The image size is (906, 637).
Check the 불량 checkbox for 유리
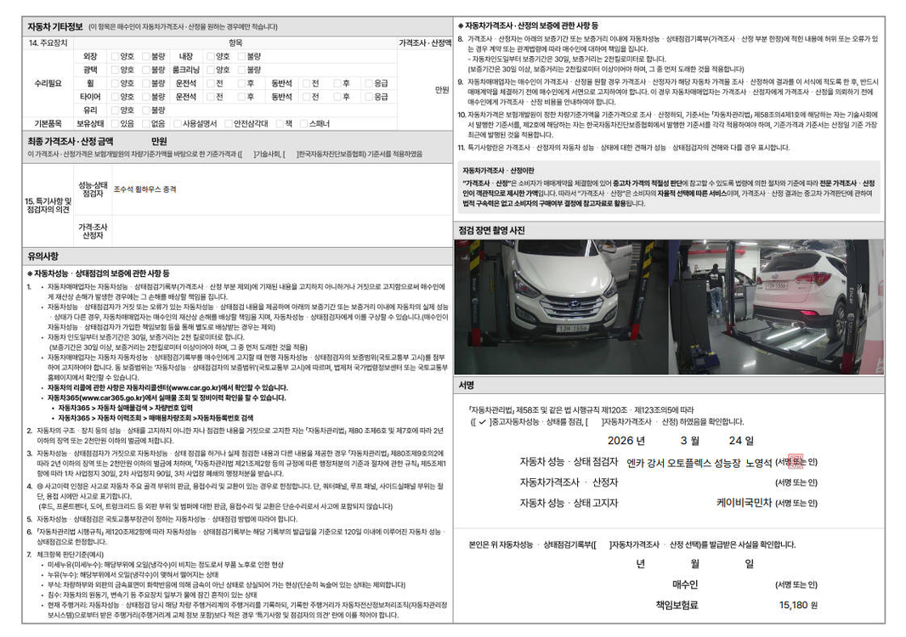(145, 110)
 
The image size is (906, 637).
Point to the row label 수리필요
(48, 83)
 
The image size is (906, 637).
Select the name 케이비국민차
(744, 502)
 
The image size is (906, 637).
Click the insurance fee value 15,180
(792, 605)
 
